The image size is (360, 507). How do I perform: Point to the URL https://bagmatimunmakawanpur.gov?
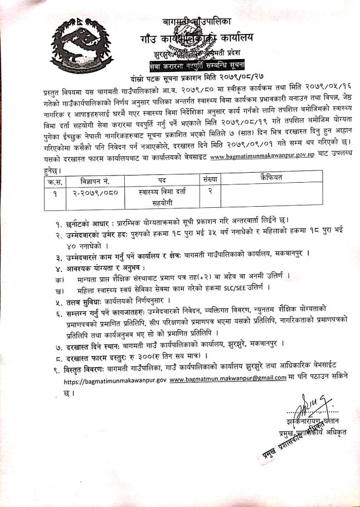115,380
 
